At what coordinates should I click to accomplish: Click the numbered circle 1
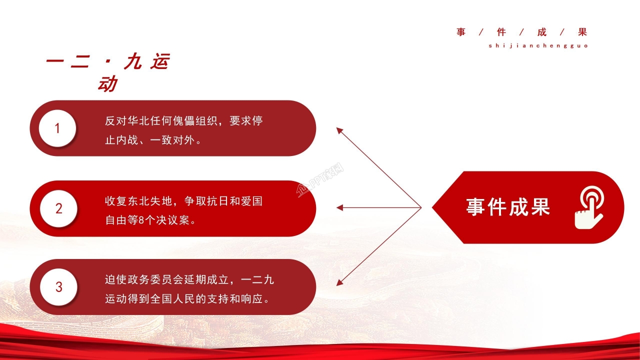point(57,128)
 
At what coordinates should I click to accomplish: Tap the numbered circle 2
point(59,208)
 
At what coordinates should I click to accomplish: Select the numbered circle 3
point(59,287)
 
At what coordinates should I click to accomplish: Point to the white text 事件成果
point(508,207)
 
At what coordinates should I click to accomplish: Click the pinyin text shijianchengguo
point(538,45)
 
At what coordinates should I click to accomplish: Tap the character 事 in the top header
point(460,32)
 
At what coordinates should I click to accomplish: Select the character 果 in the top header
point(582,32)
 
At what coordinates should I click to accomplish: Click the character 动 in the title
point(106,84)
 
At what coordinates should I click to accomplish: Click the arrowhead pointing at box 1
point(339,130)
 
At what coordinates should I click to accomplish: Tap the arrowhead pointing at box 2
point(339,207)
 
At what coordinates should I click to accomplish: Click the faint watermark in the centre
point(320,181)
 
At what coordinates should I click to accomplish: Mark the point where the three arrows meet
point(421,207)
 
